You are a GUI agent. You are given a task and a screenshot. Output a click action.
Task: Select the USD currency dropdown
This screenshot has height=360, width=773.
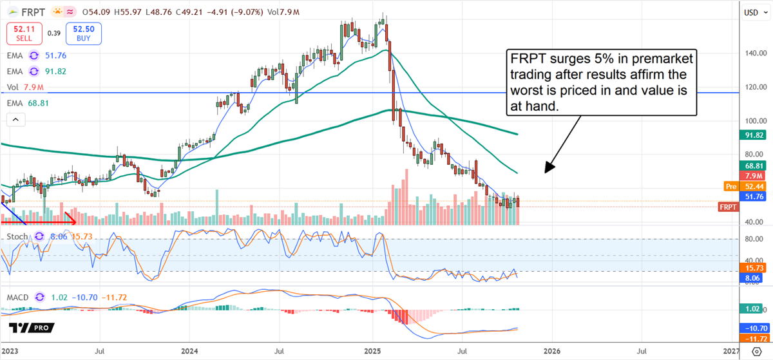coord(753,12)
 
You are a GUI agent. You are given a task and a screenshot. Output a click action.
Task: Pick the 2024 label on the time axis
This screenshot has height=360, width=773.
coord(189,352)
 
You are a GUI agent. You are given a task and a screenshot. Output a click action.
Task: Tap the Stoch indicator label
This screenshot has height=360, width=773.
coord(17,236)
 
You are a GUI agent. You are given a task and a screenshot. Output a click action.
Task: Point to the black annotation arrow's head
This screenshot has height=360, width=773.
coord(547,172)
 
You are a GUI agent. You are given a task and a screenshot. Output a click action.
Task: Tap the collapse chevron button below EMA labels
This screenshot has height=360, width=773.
coord(15,119)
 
